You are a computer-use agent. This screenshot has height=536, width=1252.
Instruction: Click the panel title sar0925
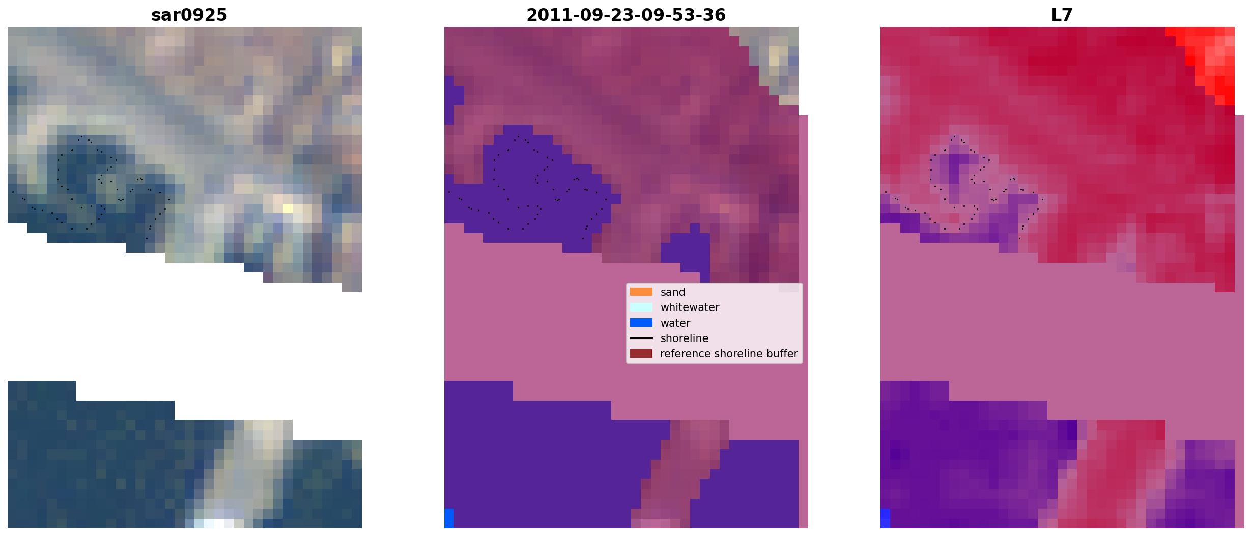click(189, 15)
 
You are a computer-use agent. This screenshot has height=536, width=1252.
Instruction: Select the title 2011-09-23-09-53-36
click(625, 15)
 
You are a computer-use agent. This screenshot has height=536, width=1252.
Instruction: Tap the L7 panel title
click(1062, 15)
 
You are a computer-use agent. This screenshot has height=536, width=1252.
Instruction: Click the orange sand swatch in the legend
click(641, 292)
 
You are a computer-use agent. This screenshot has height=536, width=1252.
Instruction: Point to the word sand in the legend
click(672, 292)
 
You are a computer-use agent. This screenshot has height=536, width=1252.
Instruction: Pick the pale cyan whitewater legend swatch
click(641, 307)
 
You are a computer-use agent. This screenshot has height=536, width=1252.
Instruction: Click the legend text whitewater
click(690, 307)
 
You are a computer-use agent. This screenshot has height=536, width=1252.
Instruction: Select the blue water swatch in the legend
click(641, 323)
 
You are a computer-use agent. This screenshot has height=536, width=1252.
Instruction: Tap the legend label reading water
click(675, 323)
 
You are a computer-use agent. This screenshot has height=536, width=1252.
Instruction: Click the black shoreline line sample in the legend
click(641, 338)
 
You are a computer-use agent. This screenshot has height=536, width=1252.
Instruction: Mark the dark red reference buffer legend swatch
click(641, 354)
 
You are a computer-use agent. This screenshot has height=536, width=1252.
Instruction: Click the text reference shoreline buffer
click(729, 354)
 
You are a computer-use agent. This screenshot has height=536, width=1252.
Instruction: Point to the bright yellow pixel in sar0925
click(288, 208)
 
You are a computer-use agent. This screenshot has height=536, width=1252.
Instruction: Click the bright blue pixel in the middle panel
click(449, 518)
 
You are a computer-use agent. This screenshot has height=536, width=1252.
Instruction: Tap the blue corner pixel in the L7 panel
click(885, 518)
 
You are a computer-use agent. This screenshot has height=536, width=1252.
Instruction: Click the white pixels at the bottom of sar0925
click(214, 523)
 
